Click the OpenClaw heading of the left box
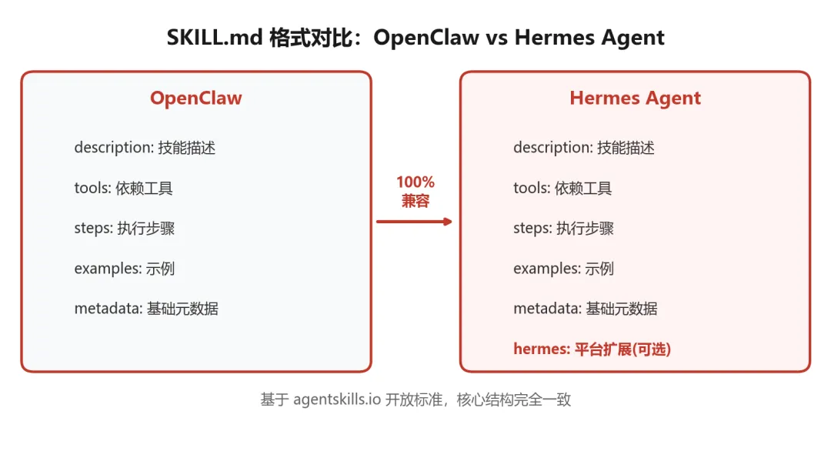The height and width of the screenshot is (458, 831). click(195, 99)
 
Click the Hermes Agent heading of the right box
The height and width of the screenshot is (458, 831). click(635, 99)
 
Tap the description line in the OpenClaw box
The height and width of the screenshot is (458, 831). click(145, 148)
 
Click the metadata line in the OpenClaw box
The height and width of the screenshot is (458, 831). click(146, 309)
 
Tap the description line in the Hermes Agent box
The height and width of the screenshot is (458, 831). click(584, 148)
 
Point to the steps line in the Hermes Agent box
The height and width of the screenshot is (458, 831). click(564, 229)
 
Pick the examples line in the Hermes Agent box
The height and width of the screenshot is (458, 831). click(563, 269)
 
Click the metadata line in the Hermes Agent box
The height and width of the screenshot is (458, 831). click(586, 309)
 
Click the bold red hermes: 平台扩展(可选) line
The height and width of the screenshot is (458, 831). click(592, 349)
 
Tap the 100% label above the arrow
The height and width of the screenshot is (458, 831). click(415, 182)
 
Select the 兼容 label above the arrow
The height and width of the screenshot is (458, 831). click(415, 202)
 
